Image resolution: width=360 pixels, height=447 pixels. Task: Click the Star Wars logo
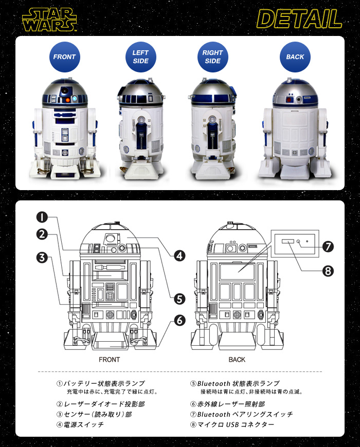point(50,20)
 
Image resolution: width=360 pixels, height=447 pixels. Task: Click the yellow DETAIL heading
point(299,19)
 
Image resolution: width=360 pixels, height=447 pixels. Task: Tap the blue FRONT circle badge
point(64,57)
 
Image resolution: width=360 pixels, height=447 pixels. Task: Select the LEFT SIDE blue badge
point(140,57)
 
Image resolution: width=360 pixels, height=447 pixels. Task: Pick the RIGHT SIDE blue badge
point(213,57)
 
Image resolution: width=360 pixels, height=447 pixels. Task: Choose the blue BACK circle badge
point(295,57)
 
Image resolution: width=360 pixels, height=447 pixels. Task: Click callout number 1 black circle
point(42,217)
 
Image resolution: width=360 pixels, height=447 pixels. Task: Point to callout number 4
point(179,256)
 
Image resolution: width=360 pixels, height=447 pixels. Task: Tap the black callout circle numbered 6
point(179,321)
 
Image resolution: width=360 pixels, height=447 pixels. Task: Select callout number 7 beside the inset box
point(328,247)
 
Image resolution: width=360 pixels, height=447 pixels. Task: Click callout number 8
point(328,271)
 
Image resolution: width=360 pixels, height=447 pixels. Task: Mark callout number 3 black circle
point(42,258)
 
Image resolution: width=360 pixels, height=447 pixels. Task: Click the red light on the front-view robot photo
point(68,100)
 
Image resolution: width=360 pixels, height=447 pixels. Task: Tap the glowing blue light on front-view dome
point(75,98)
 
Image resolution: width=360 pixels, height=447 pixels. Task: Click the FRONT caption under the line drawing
point(109,360)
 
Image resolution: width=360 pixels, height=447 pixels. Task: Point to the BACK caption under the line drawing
point(237,360)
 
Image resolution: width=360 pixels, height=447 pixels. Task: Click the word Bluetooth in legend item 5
point(213,384)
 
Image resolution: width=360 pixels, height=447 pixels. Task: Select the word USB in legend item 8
point(232,425)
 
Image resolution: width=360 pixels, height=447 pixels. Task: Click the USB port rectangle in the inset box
point(287,241)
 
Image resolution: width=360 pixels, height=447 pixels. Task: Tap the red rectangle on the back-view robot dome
point(290,100)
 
